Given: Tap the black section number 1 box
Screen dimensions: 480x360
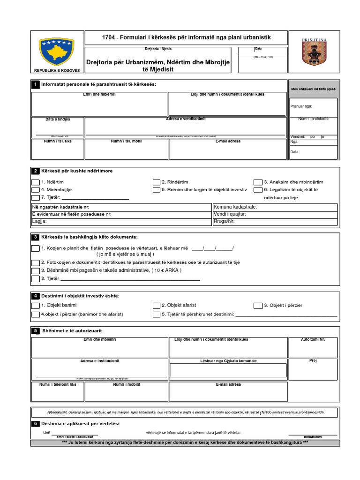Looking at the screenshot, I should click(x=35, y=84).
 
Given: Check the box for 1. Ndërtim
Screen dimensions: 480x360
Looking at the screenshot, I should click(x=35, y=182).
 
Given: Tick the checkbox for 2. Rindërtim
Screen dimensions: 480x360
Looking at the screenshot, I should click(x=157, y=182).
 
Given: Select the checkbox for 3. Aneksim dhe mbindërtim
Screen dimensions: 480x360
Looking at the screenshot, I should click(x=258, y=182).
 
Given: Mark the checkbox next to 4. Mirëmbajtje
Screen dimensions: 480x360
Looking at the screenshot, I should click(x=35, y=190).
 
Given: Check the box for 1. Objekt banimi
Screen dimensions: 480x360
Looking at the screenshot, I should click(x=35, y=306).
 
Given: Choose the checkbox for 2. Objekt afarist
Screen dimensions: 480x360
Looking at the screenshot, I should click(x=157, y=306).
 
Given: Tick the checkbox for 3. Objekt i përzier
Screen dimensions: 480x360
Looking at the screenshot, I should click(x=258, y=306).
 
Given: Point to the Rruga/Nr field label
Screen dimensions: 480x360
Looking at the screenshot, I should click(x=224, y=221).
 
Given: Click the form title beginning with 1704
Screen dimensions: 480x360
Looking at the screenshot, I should click(x=186, y=37).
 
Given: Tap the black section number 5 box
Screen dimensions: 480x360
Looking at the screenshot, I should click(x=35, y=331).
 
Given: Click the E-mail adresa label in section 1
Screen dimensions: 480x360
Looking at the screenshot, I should click(x=228, y=141).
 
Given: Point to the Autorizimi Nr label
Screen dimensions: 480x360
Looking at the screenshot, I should click(x=313, y=339).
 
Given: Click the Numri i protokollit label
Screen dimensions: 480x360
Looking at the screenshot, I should click(x=314, y=119).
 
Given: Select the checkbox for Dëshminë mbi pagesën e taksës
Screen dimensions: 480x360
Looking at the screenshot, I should click(x=35, y=270).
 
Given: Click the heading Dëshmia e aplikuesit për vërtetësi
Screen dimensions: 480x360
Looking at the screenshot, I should click(x=81, y=423).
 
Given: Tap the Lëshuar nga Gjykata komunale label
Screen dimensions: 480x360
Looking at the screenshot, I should click(x=228, y=361).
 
